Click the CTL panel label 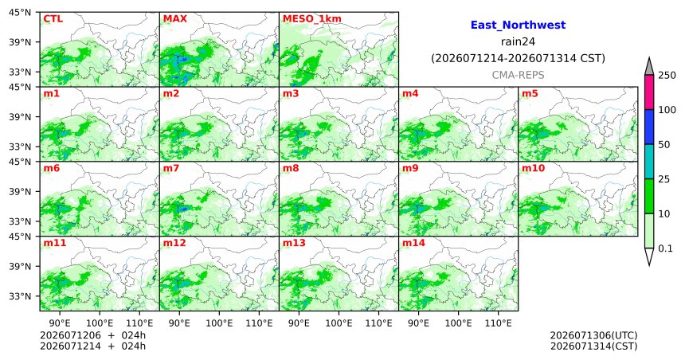[x=53, y=19]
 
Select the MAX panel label [x=174, y=19]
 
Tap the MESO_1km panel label [x=312, y=19]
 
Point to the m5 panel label [x=530, y=93]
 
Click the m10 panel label [x=533, y=168]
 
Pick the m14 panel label [x=413, y=243]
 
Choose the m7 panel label [x=170, y=168]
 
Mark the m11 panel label [x=55, y=243]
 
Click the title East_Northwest [x=518, y=25]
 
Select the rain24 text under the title [x=518, y=42]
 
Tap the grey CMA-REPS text [x=518, y=75]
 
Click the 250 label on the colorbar [x=667, y=75]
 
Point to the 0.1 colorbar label [x=665, y=248]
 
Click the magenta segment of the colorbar [x=648, y=92]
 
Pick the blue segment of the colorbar [x=648, y=127]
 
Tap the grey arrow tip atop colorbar [x=648, y=57]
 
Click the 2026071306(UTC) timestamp [x=593, y=335]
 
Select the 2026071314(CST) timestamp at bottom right [x=593, y=346]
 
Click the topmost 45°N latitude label [x=20, y=13]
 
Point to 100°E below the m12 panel [x=219, y=323]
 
